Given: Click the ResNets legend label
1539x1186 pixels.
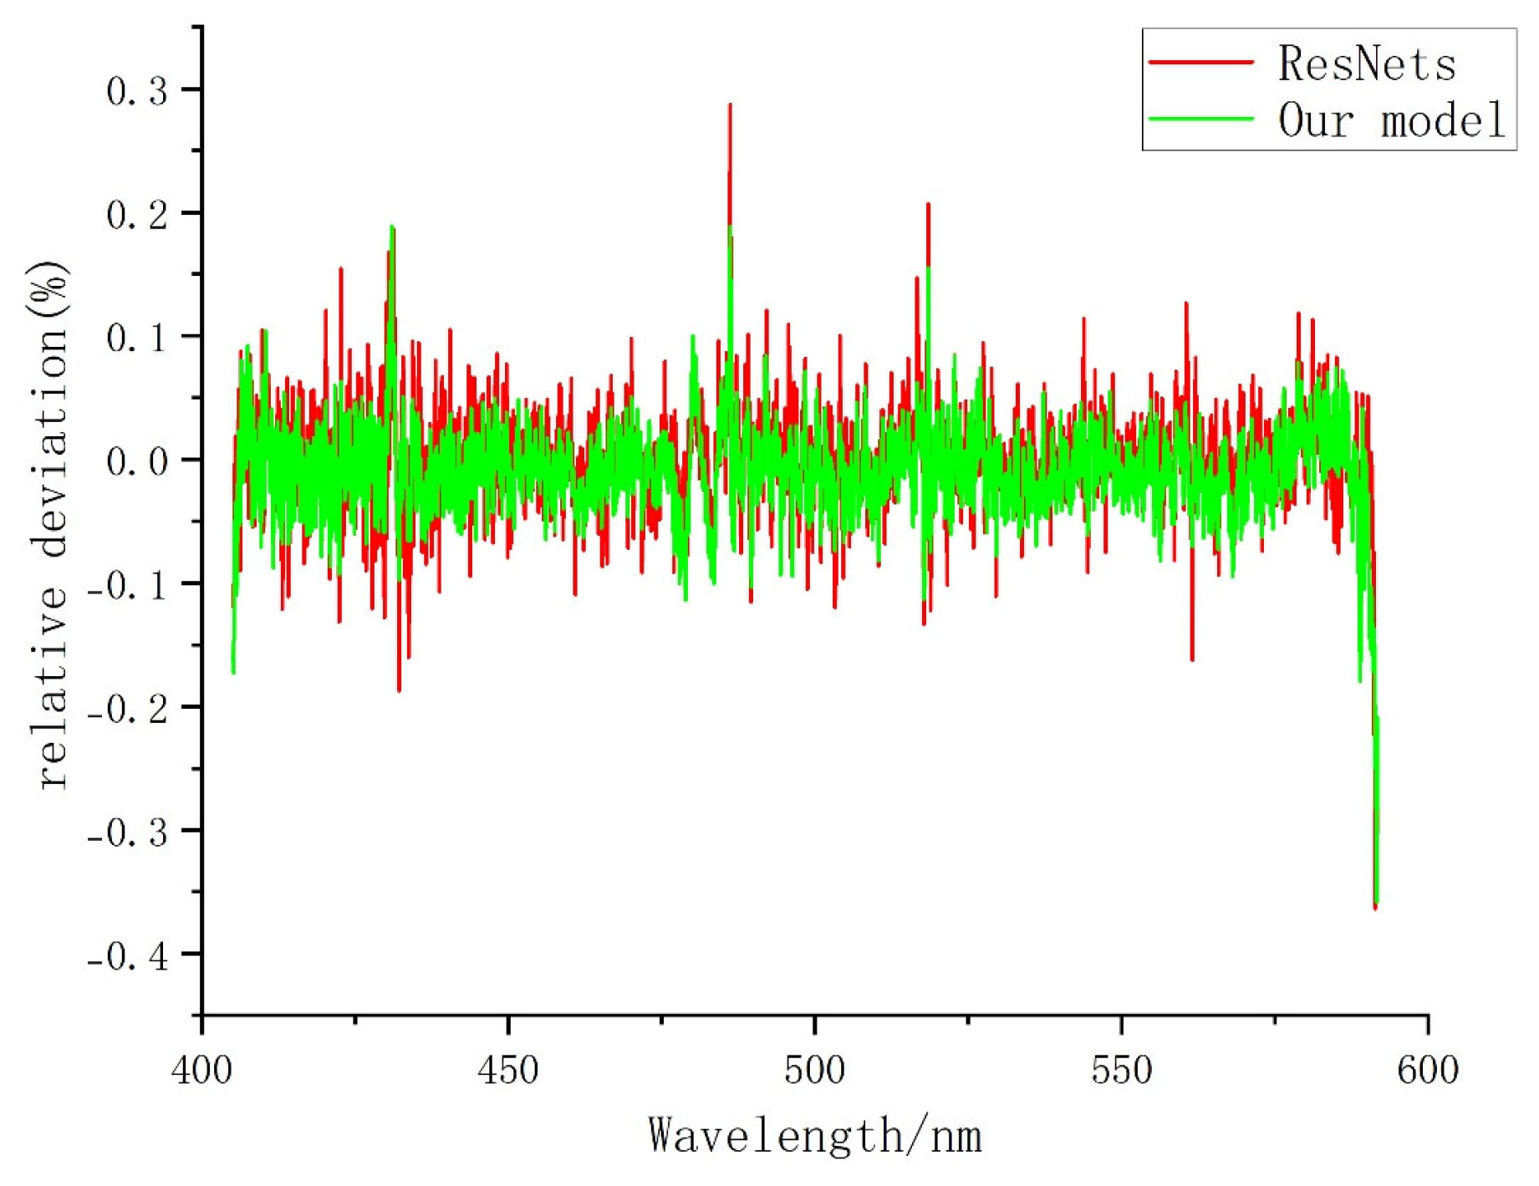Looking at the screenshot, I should (1366, 64).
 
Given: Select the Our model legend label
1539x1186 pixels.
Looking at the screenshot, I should (1391, 120).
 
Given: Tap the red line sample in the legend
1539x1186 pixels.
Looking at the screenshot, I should (1200, 62).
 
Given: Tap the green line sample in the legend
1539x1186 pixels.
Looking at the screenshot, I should (1200, 119).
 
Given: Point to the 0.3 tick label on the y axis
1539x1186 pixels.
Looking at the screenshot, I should (137, 91).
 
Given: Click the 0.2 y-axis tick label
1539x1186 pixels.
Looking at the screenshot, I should (137, 215).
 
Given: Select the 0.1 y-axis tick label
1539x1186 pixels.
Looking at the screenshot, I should (137, 338).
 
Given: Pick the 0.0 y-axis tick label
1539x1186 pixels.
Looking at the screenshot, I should (137, 461).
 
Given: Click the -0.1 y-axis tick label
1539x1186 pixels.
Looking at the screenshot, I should (128, 585).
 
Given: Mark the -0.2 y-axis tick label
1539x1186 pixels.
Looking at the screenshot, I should (128, 709).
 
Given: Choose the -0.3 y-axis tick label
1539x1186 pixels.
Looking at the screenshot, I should (128, 832).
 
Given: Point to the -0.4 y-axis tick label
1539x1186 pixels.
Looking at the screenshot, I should (128, 956).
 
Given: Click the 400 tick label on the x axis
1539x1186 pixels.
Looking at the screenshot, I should (202, 1071).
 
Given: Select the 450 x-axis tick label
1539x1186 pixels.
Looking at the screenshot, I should (508, 1071).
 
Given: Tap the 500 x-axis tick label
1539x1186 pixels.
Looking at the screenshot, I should (814, 1071).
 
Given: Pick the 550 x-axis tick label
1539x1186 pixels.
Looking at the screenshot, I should (1121, 1071).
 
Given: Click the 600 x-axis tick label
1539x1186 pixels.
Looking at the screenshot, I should (1428, 1071).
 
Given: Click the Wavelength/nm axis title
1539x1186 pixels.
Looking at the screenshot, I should (814, 1136).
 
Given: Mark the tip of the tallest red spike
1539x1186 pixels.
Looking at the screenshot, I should (730, 105).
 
